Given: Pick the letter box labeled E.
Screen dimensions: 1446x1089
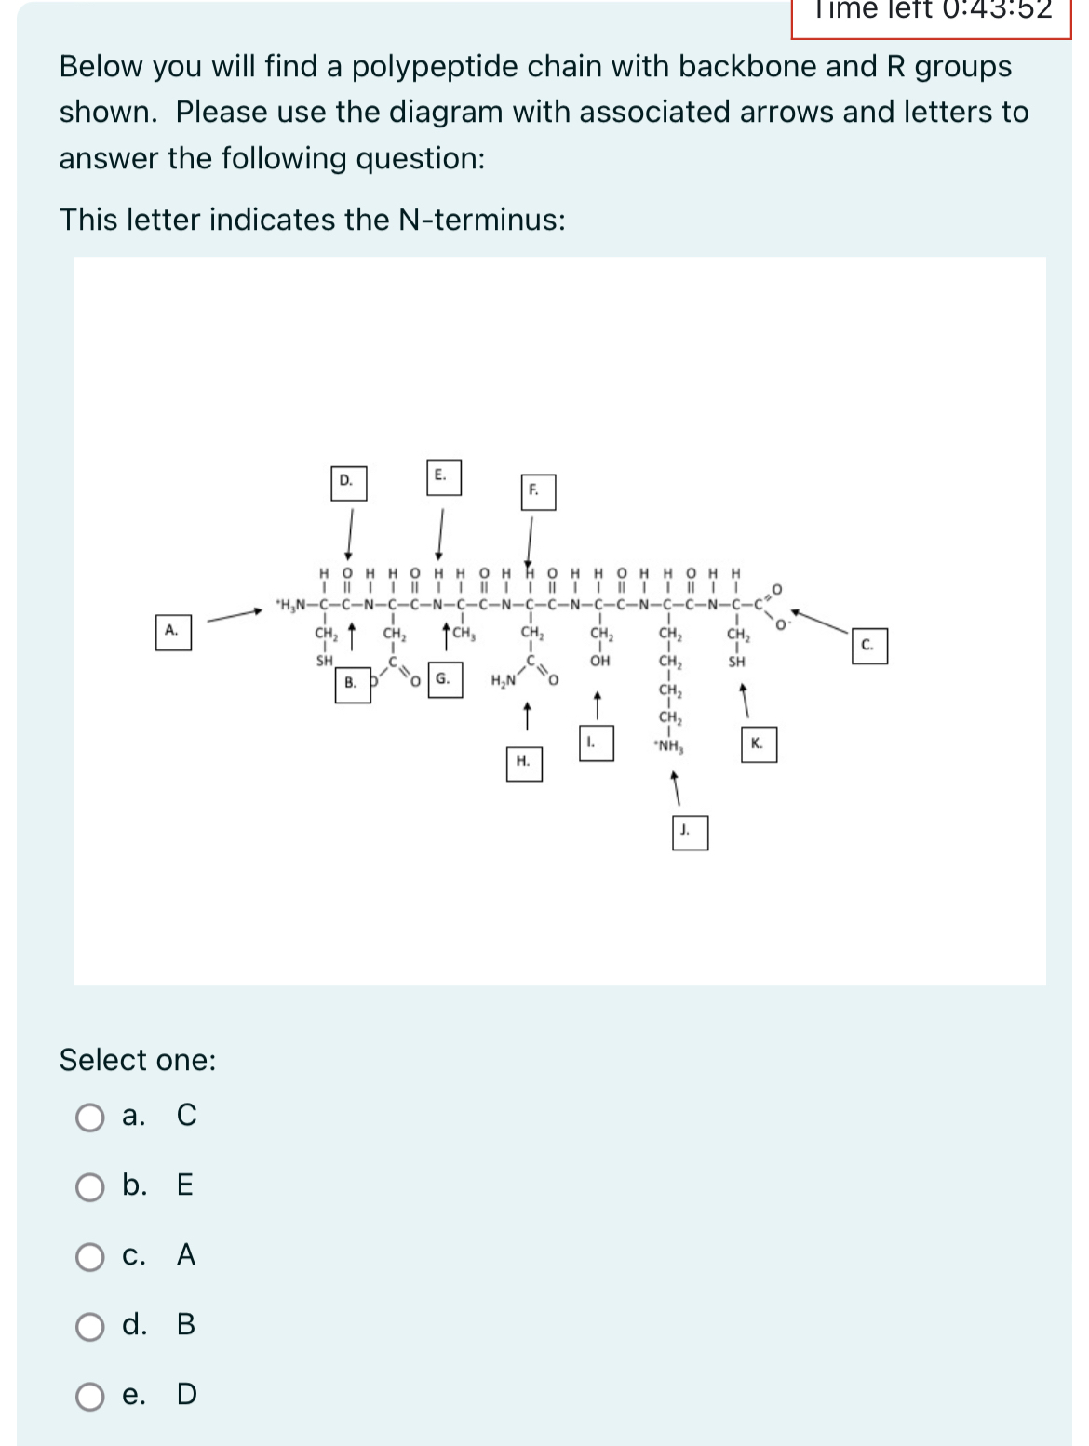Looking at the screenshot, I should [x=443, y=476].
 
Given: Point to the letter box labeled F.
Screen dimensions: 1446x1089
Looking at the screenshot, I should [x=536, y=491].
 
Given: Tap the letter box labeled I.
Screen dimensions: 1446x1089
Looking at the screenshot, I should [x=595, y=743].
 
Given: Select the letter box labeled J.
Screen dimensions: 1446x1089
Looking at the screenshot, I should [x=689, y=832].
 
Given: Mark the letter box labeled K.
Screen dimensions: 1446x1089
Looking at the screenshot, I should [x=759, y=744].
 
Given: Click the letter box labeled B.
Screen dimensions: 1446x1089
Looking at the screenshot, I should [x=352, y=684].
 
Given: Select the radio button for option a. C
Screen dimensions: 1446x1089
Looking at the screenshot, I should [x=90, y=1117].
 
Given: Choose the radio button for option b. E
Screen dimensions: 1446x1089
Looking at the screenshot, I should [x=90, y=1186].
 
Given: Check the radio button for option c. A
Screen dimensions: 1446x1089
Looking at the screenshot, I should [x=90, y=1257].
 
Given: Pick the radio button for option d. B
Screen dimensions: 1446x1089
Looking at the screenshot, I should [x=90, y=1326].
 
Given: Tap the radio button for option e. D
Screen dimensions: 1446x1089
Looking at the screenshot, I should [x=90, y=1396].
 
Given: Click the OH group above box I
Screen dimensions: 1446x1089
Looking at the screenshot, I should [x=600, y=662].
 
